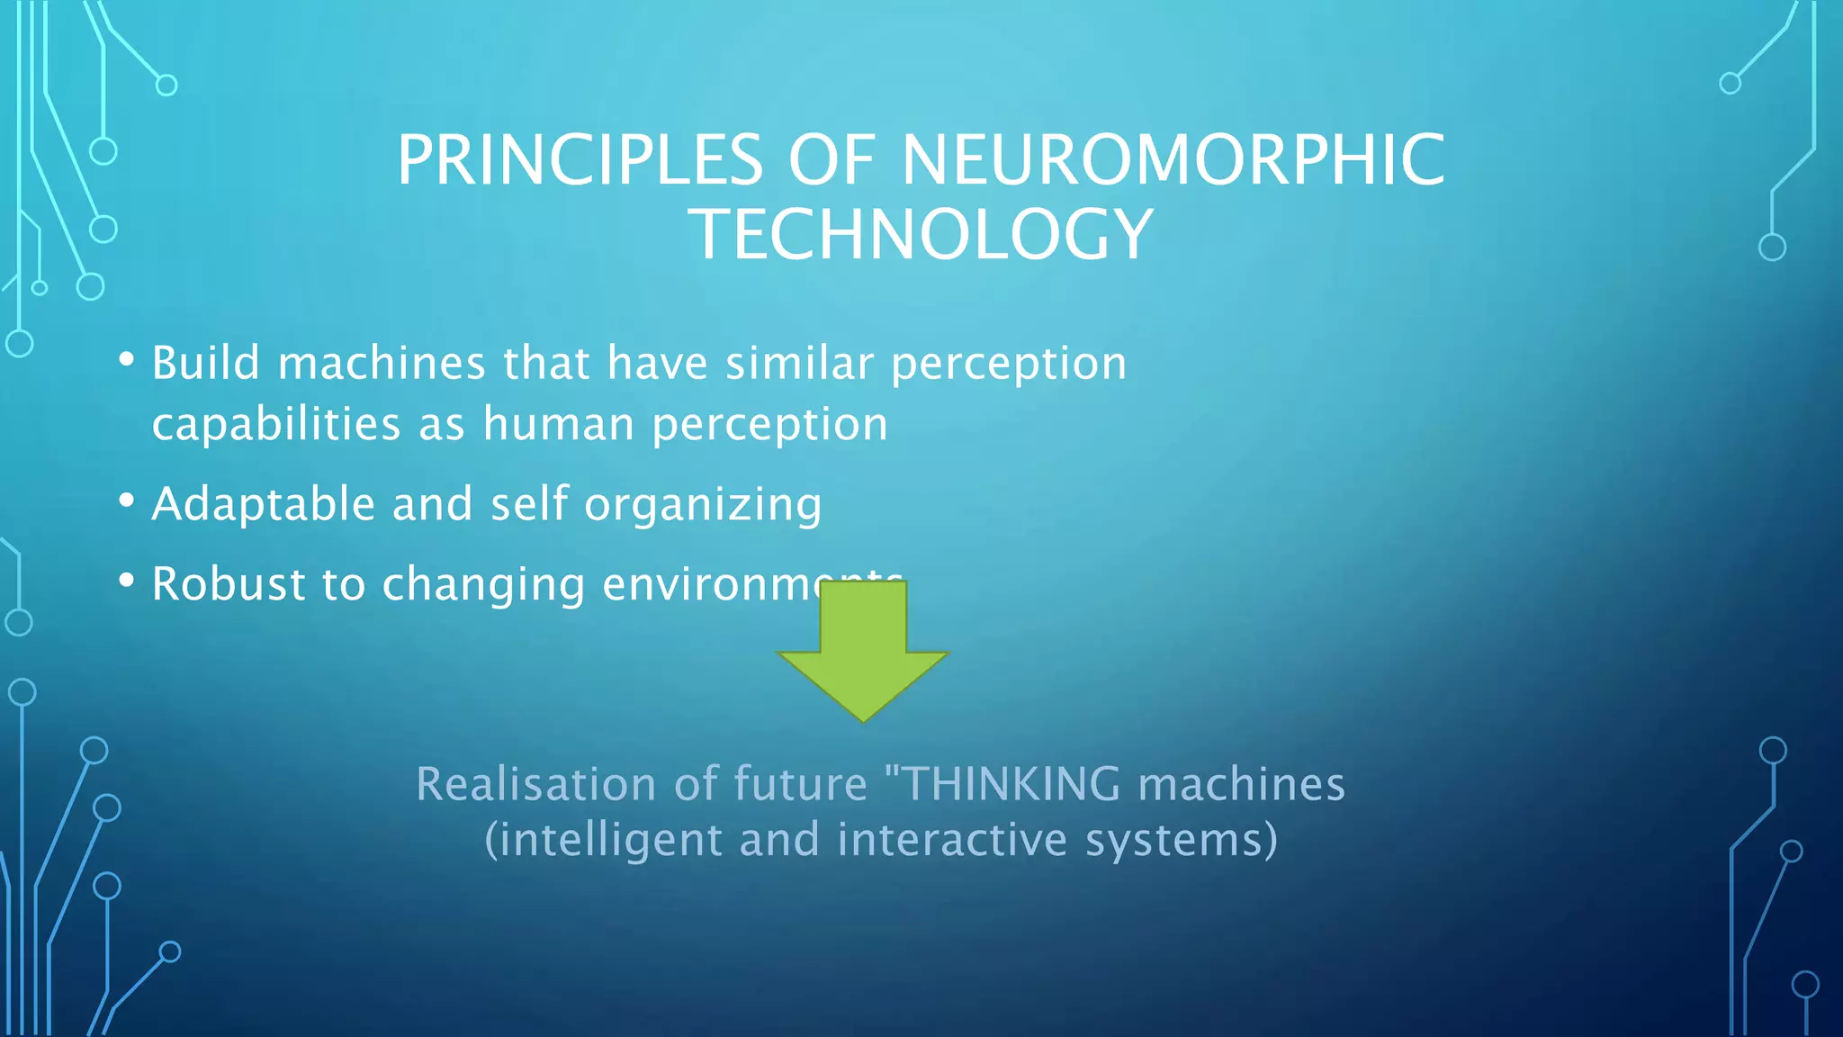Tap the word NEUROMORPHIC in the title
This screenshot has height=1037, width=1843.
tap(1173, 160)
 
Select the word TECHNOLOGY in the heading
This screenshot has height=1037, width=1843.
tap(921, 234)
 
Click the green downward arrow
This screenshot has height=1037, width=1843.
tap(863, 653)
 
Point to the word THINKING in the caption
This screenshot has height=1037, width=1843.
tap(1011, 783)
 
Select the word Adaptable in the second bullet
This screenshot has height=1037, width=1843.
tap(263, 503)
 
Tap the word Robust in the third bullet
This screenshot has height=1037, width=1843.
tap(229, 583)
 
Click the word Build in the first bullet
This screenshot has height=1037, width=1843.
tap(206, 363)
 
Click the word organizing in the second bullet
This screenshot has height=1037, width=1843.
tap(703, 505)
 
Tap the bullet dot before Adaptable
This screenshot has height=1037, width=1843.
tap(127, 500)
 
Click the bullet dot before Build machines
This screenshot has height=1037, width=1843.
tap(127, 360)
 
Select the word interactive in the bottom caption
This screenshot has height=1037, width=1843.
tap(952, 839)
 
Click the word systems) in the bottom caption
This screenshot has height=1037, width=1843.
tap(1182, 841)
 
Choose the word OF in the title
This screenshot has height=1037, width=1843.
tap(832, 160)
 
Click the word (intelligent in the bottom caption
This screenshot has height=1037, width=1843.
tap(604, 841)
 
